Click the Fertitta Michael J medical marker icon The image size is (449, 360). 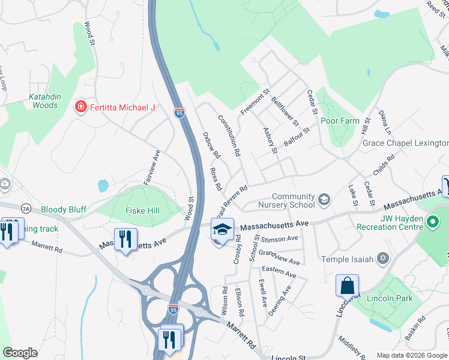point(80,107)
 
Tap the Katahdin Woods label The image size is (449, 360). point(45,101)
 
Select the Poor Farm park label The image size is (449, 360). point(340,121)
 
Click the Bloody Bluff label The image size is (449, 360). point(64,210)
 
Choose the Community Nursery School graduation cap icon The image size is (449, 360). point(324,199)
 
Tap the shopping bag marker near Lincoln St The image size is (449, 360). point(348,285)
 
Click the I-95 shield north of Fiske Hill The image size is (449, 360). point(179,113)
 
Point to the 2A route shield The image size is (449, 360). point(25,208)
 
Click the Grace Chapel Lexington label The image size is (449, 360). point(405,143)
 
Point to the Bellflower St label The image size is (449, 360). point(285,112)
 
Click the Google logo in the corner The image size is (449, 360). point(20,353)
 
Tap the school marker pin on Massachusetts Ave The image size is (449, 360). point(221,230)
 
